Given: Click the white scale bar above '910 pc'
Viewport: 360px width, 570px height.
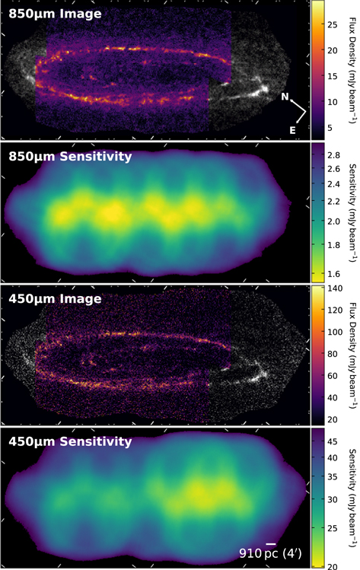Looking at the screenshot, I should (x=271, y=543).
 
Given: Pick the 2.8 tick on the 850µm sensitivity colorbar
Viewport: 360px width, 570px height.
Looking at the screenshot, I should (x=337, y=154).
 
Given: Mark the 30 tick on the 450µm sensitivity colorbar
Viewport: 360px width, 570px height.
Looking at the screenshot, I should (x=336, y=499).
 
